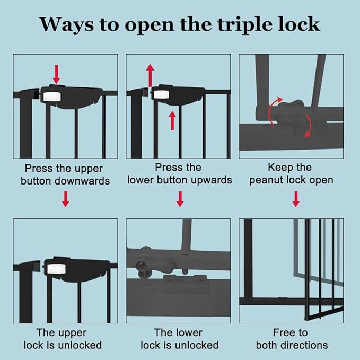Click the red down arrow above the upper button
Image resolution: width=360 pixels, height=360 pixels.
click(x=56, y=73)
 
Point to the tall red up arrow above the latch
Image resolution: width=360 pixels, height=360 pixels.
click(x=151, y=74)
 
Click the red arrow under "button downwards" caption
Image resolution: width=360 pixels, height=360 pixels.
click(x=65, y=199)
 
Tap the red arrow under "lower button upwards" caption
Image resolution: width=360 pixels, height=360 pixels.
click(x=180, y=199)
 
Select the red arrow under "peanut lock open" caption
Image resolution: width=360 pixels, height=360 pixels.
click(x=296, y=199)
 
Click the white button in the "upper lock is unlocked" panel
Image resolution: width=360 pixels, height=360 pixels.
click(x=55, y=268)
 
